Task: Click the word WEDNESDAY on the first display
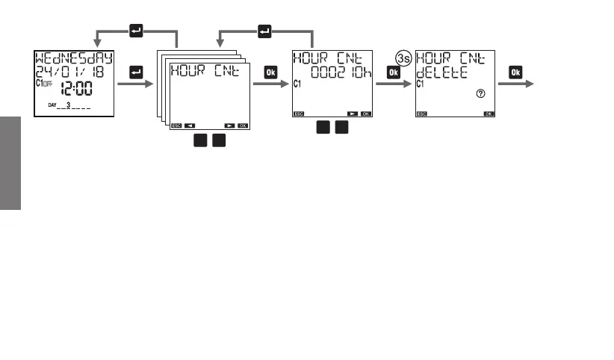pos(73,58)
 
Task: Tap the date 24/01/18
pos(73,72)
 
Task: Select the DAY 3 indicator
pos(69,105)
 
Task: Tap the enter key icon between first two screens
pos(136,72)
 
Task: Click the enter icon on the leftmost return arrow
pos(136,31)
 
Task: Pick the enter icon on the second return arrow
pos(265,31)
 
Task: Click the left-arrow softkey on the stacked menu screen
pos(190,125)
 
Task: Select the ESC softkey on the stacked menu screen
pos(176,125)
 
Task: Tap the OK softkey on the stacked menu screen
pos(243,125)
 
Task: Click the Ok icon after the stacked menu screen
pos(270,72)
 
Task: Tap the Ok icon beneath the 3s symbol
pos(393,72)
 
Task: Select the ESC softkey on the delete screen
pos(422,114)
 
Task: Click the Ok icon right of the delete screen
pos(515,72)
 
